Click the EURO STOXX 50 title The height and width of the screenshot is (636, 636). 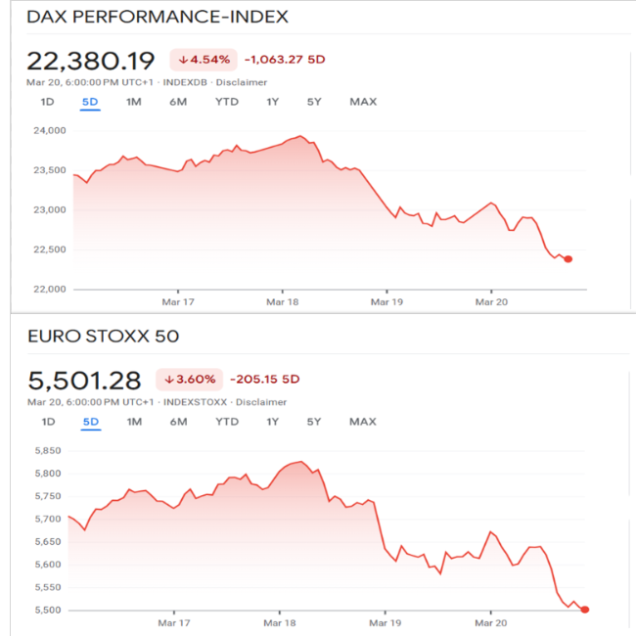(x=103, y=338)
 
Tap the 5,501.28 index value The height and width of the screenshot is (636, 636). (x=83, y=380)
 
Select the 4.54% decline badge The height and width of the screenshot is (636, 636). (x=204, y=59)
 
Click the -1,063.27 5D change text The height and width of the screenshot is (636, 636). (x=285, y=59)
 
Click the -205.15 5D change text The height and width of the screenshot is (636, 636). (x=264, y=380)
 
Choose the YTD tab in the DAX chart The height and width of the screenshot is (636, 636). (x=227, y=102)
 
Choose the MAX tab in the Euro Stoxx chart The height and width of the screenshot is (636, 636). (x=363, y=422)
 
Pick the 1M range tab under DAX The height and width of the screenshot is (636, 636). (x=134, y=102)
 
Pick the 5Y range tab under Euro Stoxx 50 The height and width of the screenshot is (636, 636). (x=314, y=422)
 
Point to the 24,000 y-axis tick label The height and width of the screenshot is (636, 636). (x=49, y=130)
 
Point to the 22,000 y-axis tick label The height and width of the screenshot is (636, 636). (x=49, y=289)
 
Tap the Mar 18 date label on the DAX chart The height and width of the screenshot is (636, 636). (x=283, y=302)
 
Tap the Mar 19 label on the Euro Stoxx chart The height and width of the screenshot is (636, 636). (x=386, y=622)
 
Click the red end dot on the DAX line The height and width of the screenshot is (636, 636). (x=568, y=259)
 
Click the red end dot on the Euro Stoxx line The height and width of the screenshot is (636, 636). (x=585, y=610)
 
